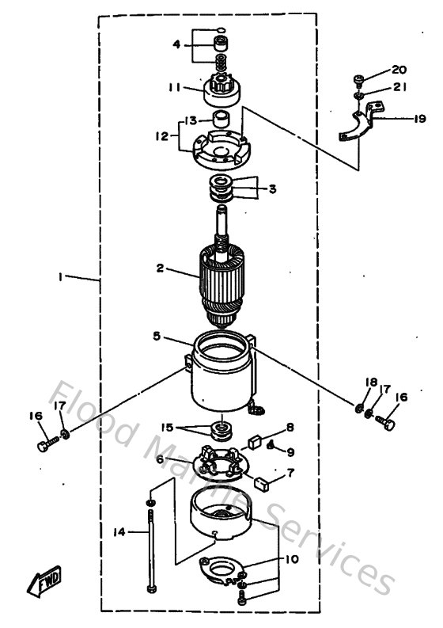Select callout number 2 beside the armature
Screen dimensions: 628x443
[160, 268]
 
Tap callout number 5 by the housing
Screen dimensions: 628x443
[157, 336]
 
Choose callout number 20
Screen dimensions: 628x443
[398, 70]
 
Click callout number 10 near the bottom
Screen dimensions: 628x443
[292, 559]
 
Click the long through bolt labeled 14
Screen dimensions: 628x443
[149, 554]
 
